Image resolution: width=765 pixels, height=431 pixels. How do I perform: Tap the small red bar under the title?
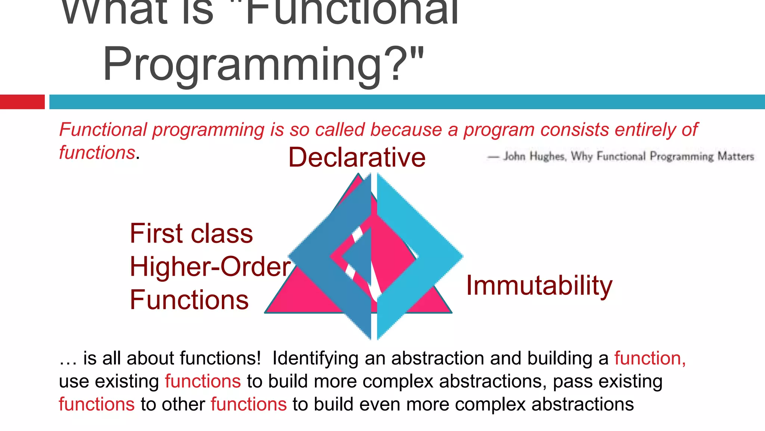coord(22,102)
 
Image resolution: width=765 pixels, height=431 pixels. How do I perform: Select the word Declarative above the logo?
coord(357,157)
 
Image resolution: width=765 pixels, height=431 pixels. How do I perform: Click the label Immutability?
coord(539,286)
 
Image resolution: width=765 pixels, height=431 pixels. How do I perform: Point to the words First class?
coord(191,233)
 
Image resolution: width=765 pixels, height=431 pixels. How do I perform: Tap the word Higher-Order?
coord(210,266)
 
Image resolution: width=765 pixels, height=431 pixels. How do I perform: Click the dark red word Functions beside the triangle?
coord(189,300)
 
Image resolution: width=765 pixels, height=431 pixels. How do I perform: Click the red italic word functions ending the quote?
coord(97,153)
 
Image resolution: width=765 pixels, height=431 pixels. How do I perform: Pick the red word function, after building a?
coord(650,358)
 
